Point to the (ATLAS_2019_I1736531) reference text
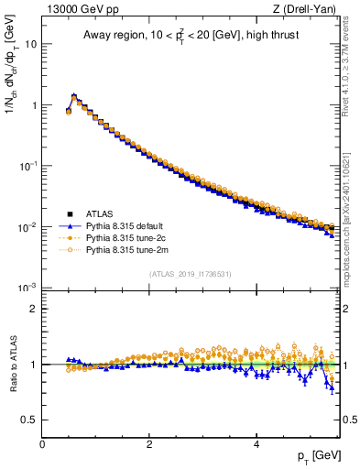tap(191, 274)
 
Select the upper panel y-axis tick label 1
tap(34, 105)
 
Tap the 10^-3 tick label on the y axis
tap(27, 288)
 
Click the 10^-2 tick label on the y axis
tap(27, 226)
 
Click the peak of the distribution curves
tap(73, 95)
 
